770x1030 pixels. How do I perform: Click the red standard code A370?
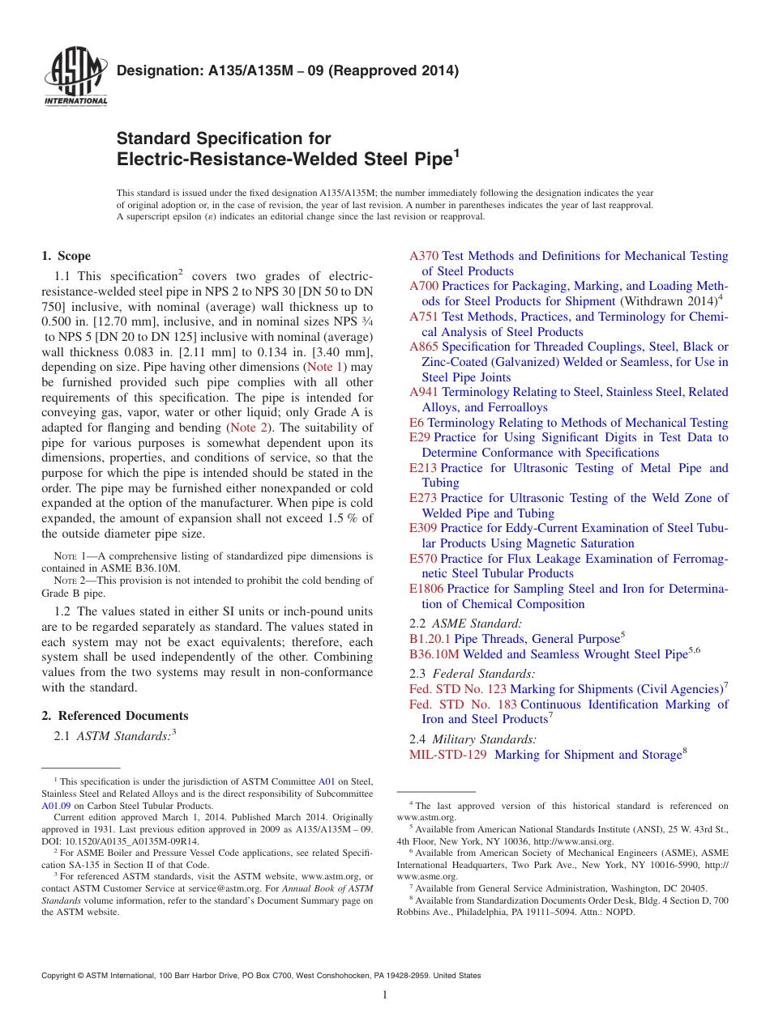(x=424, y=256)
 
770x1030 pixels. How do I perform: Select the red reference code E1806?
(x=426, y=589)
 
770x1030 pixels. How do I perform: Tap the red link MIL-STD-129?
(x=448, y=755)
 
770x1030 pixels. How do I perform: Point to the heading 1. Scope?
(x=66, y=256)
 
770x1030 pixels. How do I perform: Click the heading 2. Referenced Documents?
(x=115, y=716)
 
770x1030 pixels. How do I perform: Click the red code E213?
(x=423, y=468)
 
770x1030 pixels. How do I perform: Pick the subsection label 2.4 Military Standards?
(x=473, y=739)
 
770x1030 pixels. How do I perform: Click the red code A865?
(x=424, y=347)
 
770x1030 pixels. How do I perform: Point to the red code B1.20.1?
(x=430, y=639)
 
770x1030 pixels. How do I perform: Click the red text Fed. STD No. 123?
(x=458, y=689)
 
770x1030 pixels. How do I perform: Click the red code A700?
(x=424, y=286)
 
